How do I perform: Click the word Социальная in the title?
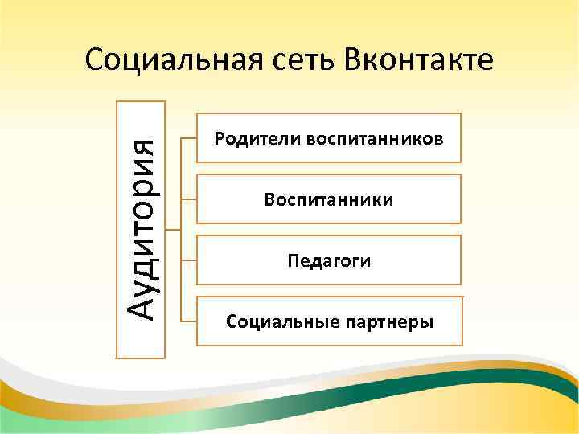pyautogui.click(x=163, y=60)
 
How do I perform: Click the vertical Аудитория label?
pyautogui.click(x=143, y=228)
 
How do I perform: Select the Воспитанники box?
pyautogui.click(x=329, y=199)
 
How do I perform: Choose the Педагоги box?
pyautogui.click(x=329, y=260)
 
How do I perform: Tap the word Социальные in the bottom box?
pyautogui.click(x=275, y=322)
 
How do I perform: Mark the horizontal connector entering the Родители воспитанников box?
pyautogui.click(x=189, y=137)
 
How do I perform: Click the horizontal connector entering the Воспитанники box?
pyautogui.click(x=189, y=199)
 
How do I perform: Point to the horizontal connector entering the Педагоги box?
pyautogui.click(x=189, y=260)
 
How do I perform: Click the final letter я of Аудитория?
pyautogui.click(x=146, y=147)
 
